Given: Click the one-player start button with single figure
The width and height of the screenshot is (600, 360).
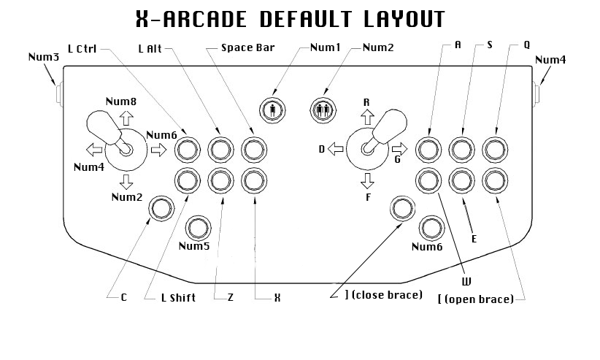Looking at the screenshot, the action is (272, 110).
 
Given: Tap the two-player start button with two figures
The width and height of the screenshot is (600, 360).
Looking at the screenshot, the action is (323, 110).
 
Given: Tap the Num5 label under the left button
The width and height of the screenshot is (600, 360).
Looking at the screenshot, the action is (193, 246).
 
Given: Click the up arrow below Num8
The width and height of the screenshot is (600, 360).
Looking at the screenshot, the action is (126, 117).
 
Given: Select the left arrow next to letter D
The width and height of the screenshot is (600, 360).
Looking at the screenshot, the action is (335, 149).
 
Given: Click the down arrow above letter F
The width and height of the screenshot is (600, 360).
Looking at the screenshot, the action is (367, 179).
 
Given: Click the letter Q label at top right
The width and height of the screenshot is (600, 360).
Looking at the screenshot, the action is (526, 44).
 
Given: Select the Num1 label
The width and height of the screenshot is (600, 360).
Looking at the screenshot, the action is (326, 49).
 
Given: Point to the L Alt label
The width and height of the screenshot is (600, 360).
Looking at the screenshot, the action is (150, 49).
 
